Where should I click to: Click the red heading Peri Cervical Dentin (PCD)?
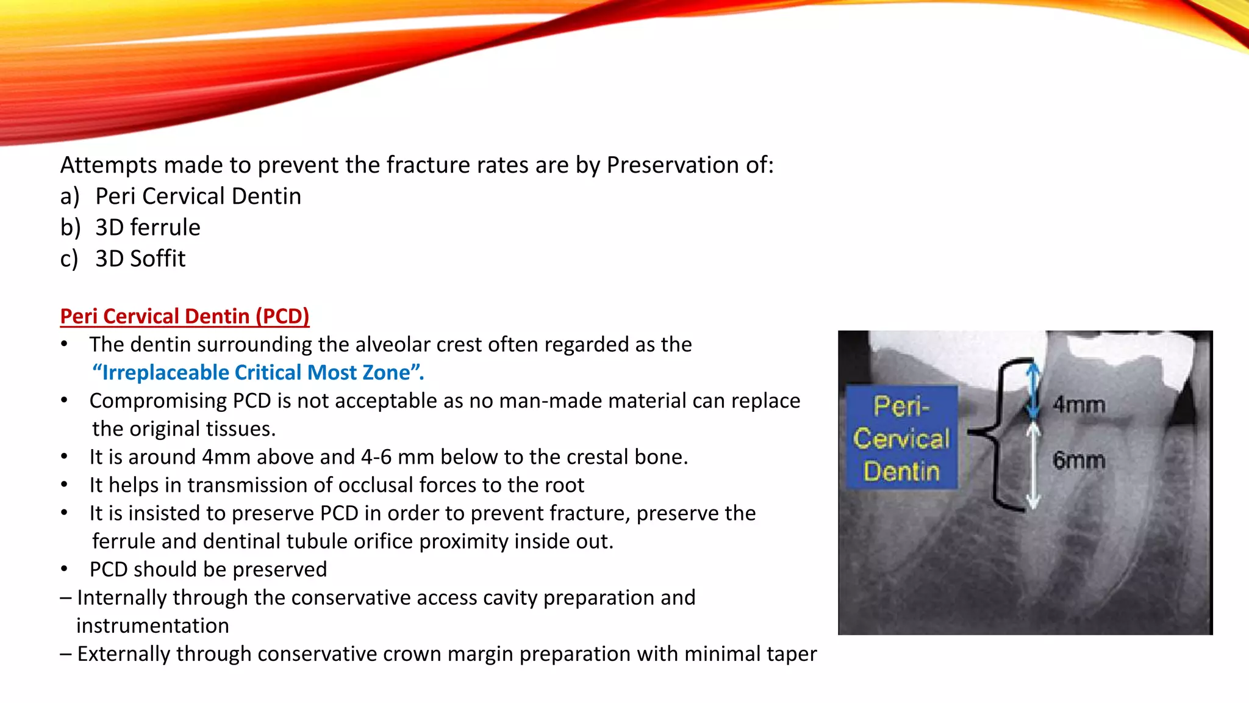click(184, 316)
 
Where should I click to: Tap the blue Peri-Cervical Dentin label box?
click(901, 438)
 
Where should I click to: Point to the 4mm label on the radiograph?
click(1079, 404)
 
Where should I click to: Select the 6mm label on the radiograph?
click(1079, 460)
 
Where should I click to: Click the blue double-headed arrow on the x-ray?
click(1032, 391)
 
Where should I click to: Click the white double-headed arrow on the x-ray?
click(1032, 467)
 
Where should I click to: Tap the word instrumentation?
click(152, 625)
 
